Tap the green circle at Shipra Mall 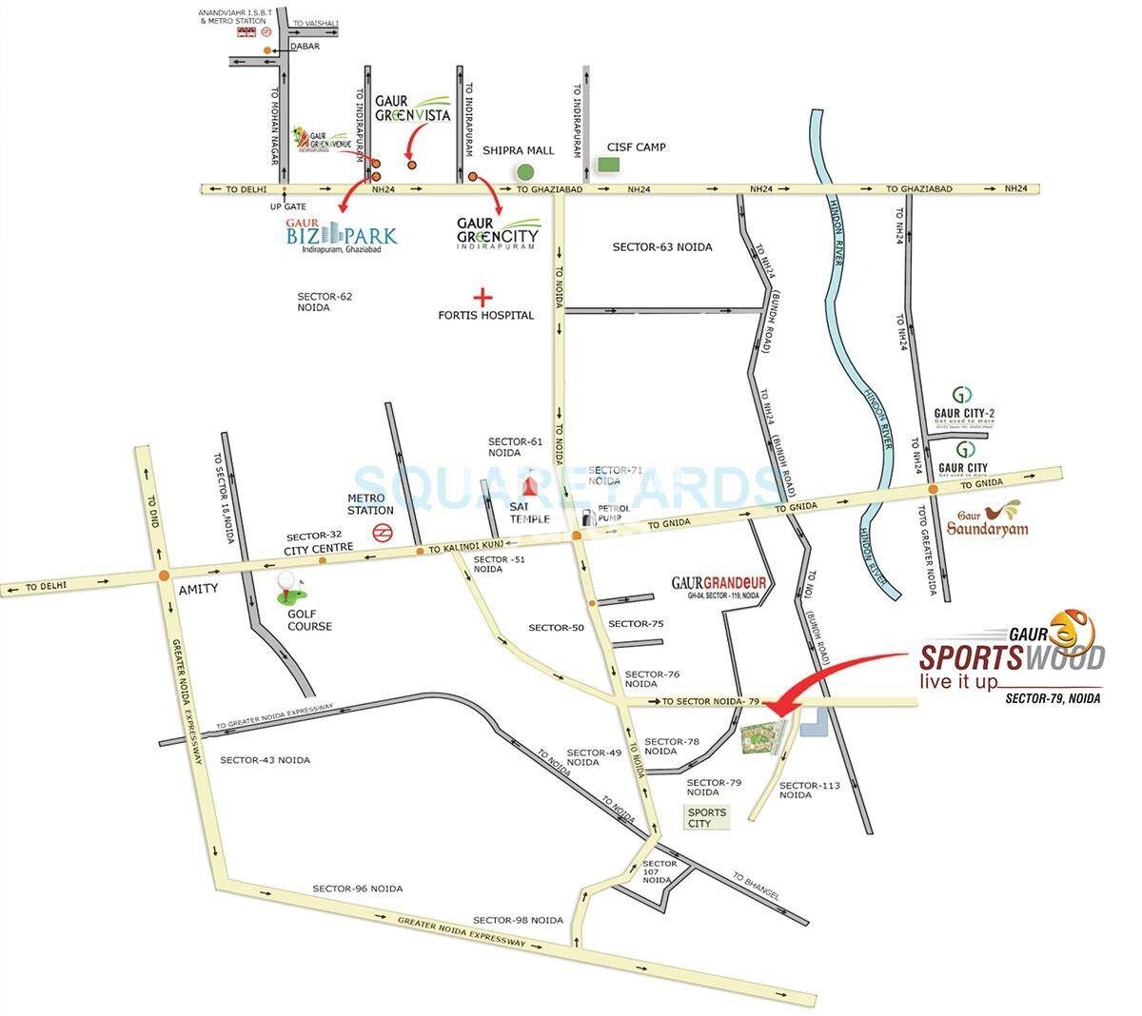[x=524, y=172]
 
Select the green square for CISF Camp [x=608, y=164]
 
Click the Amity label [x=198, y=589]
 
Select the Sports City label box [x=706, y=817]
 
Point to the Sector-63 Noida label [x=662, y=247]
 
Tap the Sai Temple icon [x=532, y=487]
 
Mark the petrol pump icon [x=589, y=518]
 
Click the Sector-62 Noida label [x=325, y=302]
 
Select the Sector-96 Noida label [x=357, y=889]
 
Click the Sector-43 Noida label [x=265, y=760]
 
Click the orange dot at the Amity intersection [x=164, y=575]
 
